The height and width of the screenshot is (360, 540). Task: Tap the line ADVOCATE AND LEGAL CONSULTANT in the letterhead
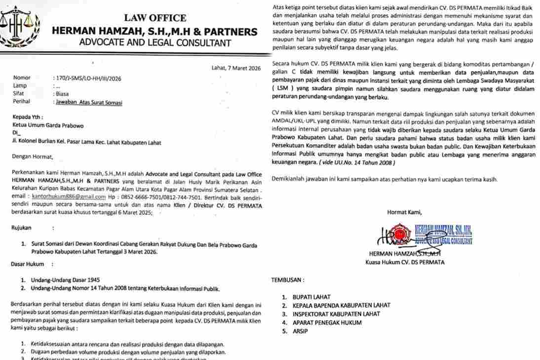tap(154, 42)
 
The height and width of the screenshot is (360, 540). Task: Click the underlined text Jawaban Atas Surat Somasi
tap(87, 103)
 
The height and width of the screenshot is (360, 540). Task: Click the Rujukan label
tap(21, 228)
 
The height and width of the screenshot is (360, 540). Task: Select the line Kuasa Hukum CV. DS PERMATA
tap(398, 262)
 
